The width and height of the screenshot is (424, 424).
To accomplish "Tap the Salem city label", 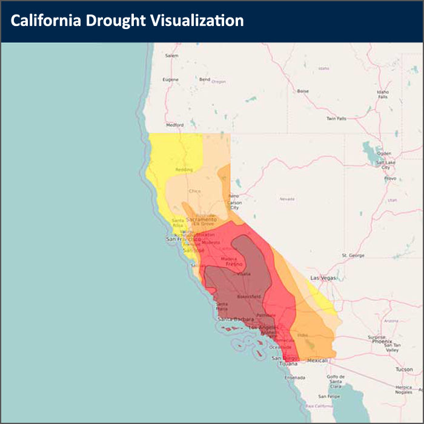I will [172, 56].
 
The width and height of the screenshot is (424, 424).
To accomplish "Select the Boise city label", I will [303, 91].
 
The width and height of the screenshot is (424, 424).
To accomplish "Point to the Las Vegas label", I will [322, 277].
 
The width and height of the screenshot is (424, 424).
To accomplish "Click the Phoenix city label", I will [382, 341].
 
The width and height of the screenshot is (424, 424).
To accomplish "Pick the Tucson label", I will [405, 369].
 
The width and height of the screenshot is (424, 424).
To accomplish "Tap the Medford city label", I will [175, 125].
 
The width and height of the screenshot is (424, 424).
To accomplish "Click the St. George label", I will [353, 256].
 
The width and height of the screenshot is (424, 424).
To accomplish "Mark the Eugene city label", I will [171, 79].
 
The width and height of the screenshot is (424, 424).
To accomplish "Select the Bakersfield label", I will [248, 297].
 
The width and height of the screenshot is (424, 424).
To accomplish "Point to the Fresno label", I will [234, 264].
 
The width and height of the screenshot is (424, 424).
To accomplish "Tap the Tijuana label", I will [289, 364].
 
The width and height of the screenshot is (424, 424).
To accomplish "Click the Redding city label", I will [184, 170].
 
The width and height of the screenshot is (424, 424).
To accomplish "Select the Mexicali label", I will [317, 360].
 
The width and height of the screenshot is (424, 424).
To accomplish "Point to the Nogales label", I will [404, 392].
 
